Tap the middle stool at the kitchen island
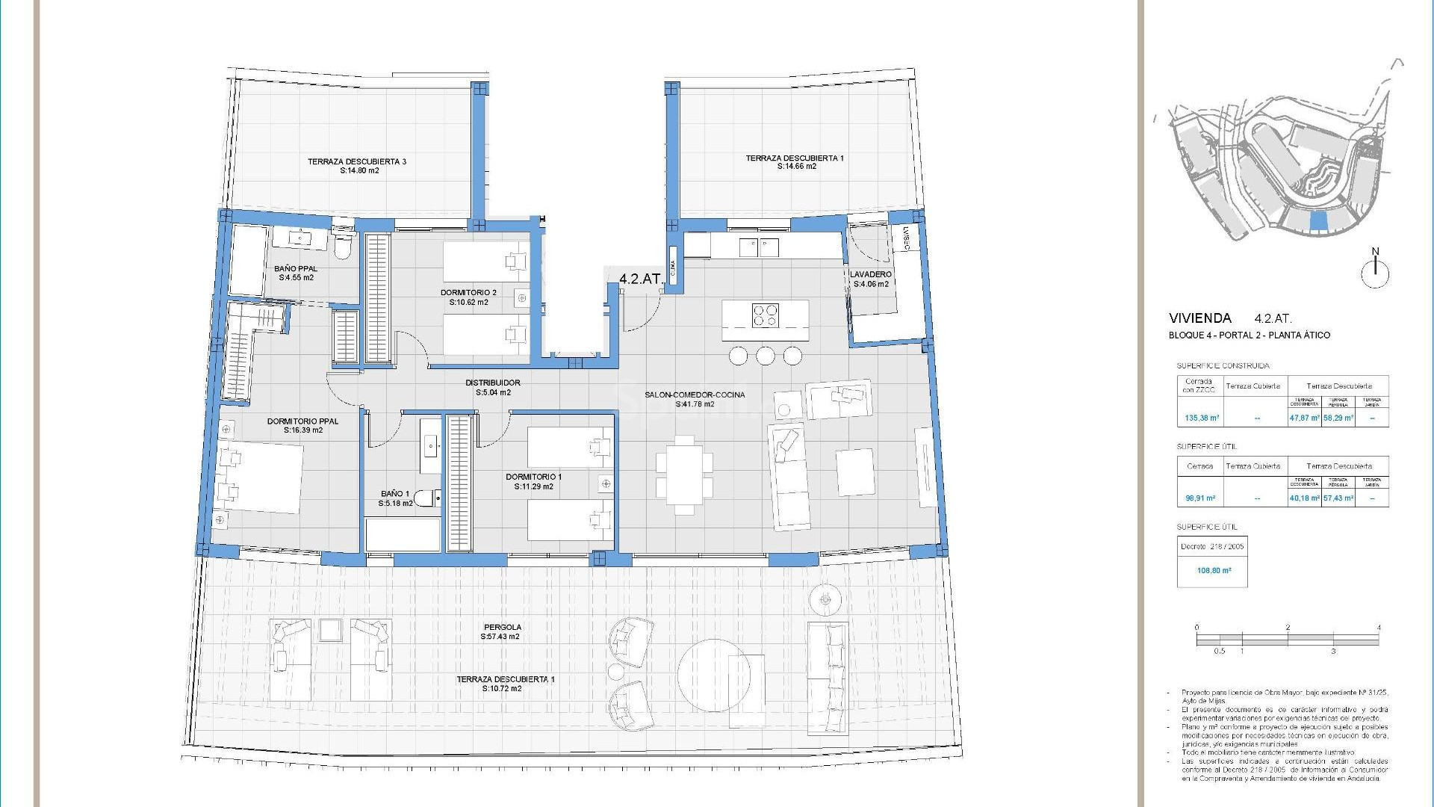(766, 356)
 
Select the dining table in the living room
(684, 474)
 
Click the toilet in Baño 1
(426, 498)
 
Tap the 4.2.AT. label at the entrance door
(642, 279)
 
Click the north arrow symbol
(1375, 270)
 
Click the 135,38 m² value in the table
(1202, 418)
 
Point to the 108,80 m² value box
(1214, 570)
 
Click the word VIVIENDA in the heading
(1200, 318)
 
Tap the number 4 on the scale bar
(1379, 628)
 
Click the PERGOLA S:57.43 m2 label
(501, 632)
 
